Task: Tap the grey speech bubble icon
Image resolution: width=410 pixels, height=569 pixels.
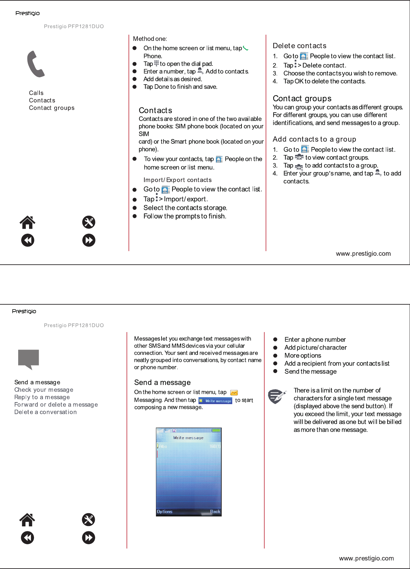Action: pos(28,359)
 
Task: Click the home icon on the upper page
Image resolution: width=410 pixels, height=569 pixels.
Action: pos(27,222)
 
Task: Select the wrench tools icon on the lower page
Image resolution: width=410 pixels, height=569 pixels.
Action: pos(89,520)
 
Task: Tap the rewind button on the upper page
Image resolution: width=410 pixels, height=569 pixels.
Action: pos(28,240)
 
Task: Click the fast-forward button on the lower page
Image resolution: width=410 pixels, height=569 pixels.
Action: pos(89,538)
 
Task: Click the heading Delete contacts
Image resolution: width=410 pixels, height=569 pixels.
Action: pos(299,46)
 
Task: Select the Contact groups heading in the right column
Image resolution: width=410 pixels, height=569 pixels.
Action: pos(302,98)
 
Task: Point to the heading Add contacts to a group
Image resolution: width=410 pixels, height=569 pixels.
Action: pos(314,139)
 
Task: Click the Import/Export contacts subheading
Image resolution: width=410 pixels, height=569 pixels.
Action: pos(177,180)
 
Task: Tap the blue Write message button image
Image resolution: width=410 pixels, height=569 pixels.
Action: pos(215,400)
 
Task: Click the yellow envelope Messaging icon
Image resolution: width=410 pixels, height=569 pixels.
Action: pos(234,393)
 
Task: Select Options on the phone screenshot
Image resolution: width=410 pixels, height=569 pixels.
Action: pos(165,512)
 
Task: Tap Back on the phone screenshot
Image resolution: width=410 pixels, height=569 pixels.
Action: pos(215,512)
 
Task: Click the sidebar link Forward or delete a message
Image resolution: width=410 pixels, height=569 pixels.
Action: pos(56,404)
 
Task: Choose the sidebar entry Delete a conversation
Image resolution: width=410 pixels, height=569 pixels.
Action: pos(45,412)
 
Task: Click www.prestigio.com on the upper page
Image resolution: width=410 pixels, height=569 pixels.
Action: pos(363,253)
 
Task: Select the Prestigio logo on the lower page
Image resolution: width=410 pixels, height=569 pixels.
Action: pos(24,311)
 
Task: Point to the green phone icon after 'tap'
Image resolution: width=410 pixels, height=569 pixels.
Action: pos(245,48)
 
